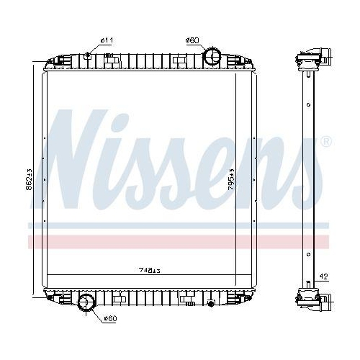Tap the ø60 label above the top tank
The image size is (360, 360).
click(x=192, y=40)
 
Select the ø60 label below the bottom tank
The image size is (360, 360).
click(x=110, y=318)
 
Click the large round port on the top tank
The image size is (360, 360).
click(x=212, y=55)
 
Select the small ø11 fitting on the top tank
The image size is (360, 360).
click(x=88, y=55)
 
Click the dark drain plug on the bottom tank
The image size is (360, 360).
click(x=210, y=303)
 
